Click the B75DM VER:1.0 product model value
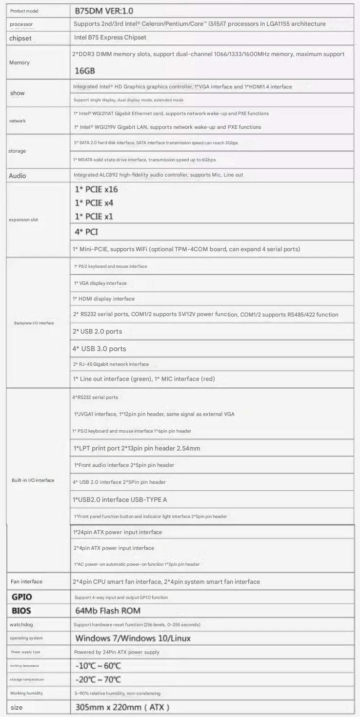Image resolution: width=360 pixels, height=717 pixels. click(104, 10)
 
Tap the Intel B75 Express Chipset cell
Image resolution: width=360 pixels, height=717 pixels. click(110, 38)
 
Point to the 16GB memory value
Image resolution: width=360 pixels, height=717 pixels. click(85, 71)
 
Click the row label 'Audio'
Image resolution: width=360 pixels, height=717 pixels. click(18, 176)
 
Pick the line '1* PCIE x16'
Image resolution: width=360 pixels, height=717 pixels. click(96, 189)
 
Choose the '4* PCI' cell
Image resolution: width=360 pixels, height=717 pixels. click(86, 232)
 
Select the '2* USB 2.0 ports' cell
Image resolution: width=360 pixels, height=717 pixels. click(97, 332)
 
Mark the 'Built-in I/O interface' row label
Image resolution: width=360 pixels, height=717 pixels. click(33, 480)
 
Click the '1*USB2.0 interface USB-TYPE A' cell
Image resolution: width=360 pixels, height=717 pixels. click(120, 499)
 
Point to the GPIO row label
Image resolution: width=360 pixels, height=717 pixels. click(22, 597)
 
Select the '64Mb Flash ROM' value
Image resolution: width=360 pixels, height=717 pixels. click(107, 611)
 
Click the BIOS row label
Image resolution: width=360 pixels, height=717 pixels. click(21, 611)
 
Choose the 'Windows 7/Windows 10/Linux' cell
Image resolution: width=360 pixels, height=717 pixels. click(133, 638)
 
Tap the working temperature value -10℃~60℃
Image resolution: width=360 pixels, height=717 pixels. click(98, 666)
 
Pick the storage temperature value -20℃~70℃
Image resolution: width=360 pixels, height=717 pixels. click(98, 679)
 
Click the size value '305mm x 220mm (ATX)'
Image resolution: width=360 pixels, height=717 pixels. click(122, 707)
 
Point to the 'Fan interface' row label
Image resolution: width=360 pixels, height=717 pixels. click(26, 581)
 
